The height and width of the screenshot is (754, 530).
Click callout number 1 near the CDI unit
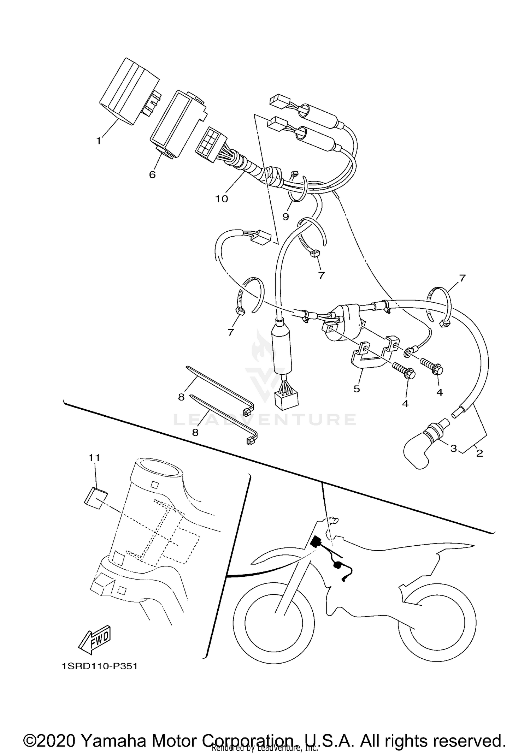[x=99, y=141]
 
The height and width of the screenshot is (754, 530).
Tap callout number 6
[x=152, y=174]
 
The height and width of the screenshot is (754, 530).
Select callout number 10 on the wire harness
[x=222, y=199]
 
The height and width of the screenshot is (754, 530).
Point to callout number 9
[x=285, y=216]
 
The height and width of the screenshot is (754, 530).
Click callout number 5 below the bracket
[x=357, y=389]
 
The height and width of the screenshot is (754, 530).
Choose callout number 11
[x=94, y=458]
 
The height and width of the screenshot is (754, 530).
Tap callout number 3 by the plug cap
[x=453, y=449]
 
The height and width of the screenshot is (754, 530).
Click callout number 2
[x=479, y=453]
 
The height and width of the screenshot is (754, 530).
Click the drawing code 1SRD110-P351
[x=99, y=666]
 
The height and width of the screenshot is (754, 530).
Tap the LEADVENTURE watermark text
[x=265, y=420]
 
